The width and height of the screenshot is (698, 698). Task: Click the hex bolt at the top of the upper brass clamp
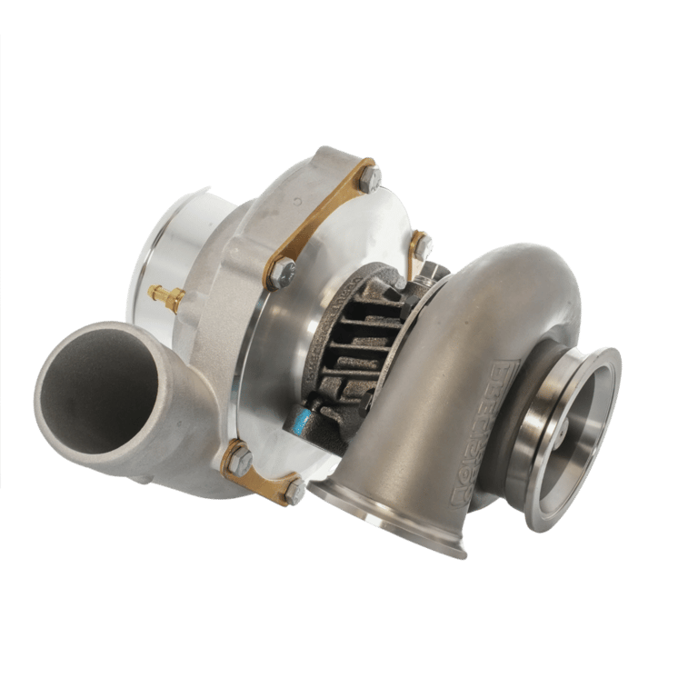pos(369,178)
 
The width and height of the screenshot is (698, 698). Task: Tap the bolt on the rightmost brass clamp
pos(421,244)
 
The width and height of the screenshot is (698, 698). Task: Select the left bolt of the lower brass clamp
pos(238,459)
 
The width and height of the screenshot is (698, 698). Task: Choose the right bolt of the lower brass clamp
pos(295,492)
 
